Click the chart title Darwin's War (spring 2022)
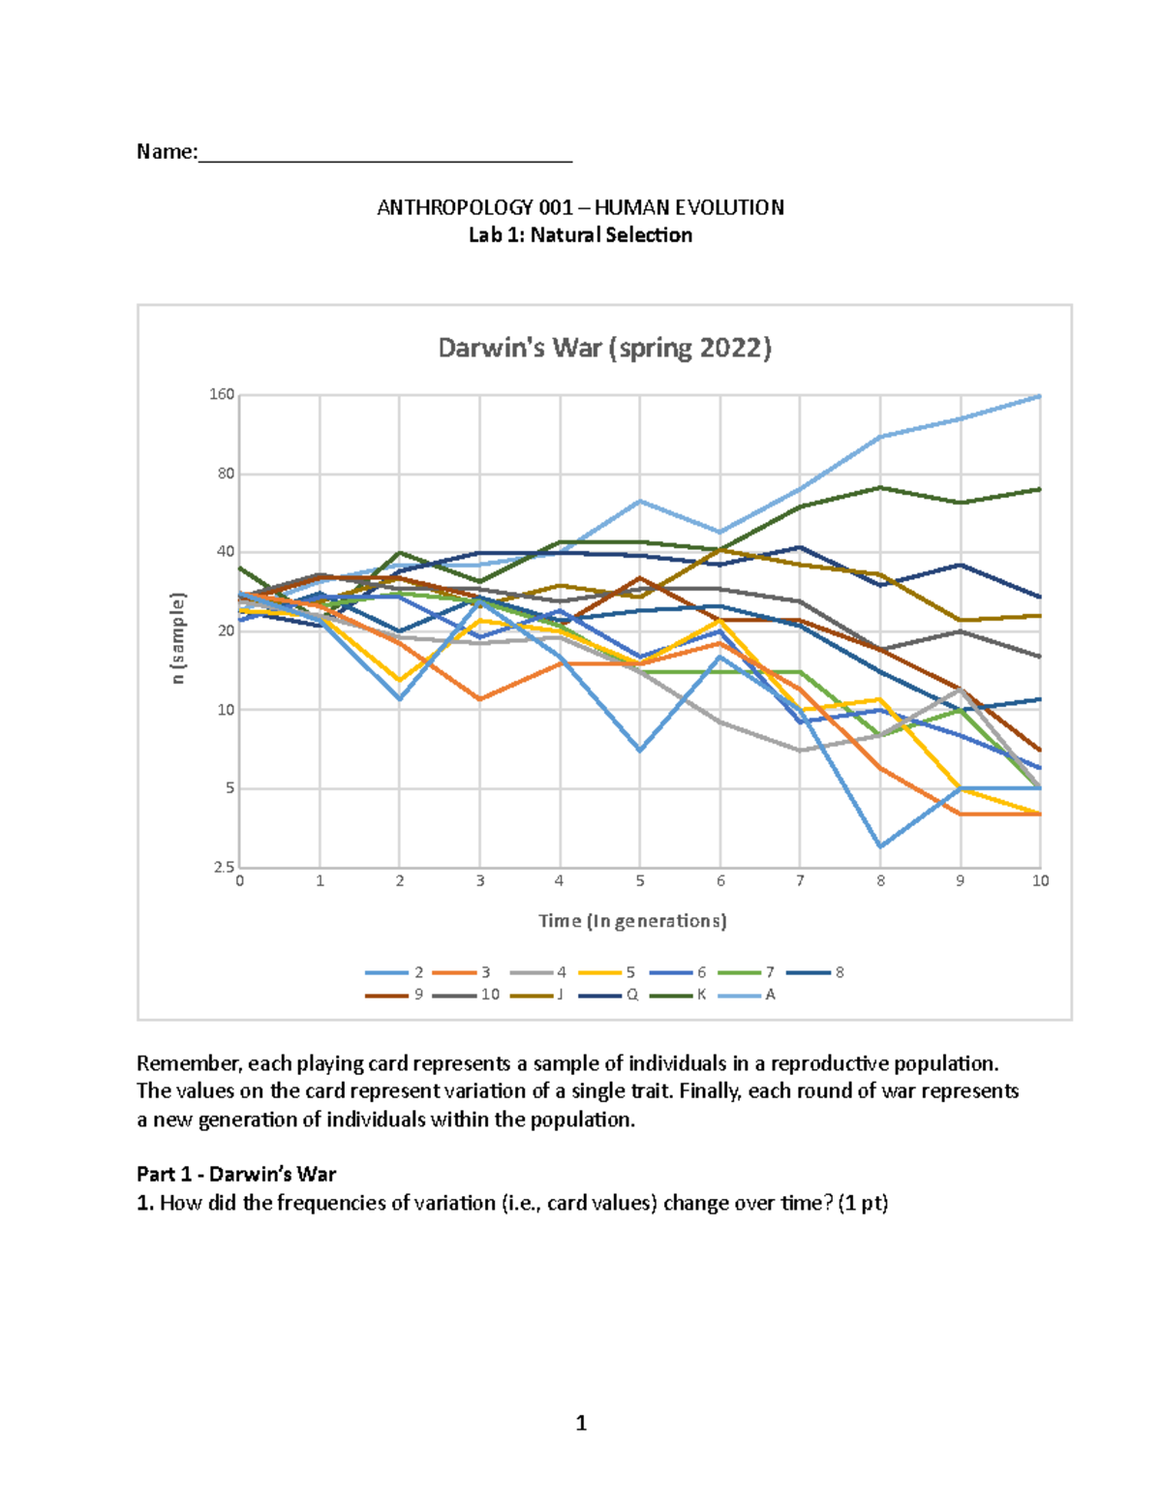[604, 348]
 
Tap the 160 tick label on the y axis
[222, 394]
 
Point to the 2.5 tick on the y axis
[224, 867]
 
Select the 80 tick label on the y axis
[226, 474]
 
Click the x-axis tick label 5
[640, 881]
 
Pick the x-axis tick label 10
[1040, 881]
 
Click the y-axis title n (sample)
[177, 638]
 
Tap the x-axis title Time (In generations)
[632, 921]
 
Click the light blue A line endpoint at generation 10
[1040, 396]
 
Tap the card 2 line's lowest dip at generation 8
[880, 846]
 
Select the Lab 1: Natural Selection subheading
[580, 235]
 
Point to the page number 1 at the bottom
[581, 1423]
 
